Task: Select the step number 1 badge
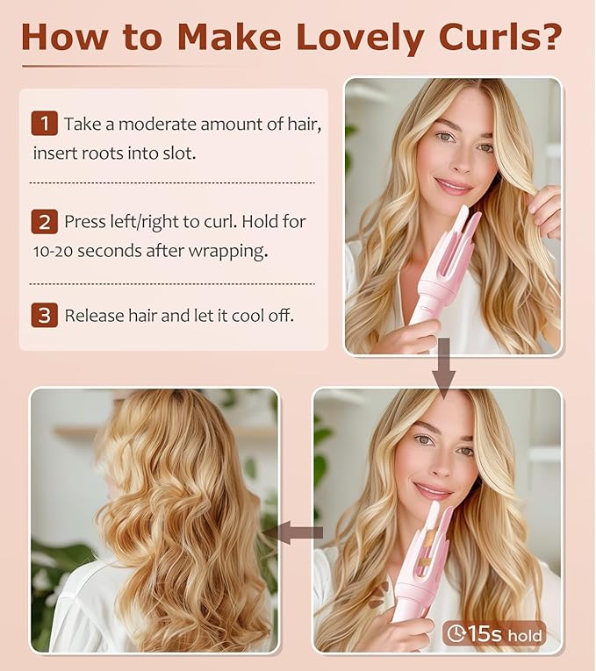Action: (44, 124)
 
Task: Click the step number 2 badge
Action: (44, 222)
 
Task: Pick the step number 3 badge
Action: (44, 315)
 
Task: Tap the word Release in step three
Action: (95, 316)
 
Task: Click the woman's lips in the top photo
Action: (454, 185)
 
